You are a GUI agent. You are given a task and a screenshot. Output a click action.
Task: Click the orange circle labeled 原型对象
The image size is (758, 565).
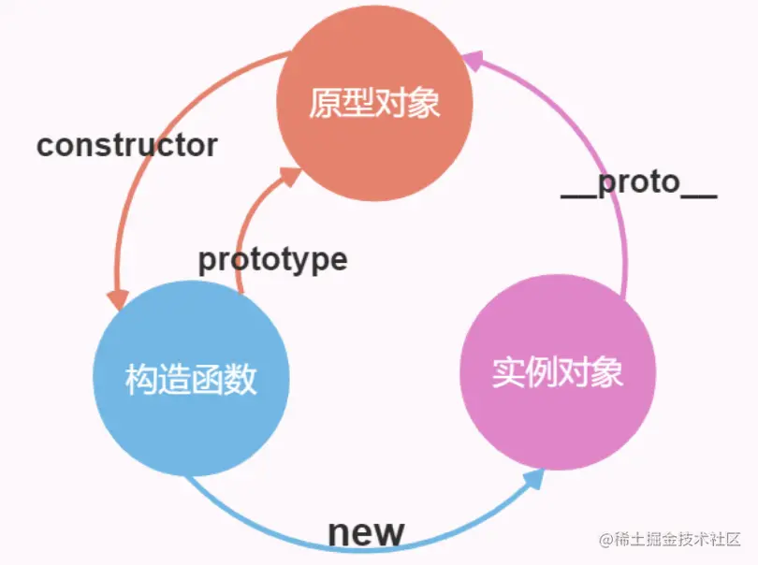coord(373,102)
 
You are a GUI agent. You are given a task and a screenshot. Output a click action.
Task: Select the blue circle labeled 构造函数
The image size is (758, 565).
coord(191,380)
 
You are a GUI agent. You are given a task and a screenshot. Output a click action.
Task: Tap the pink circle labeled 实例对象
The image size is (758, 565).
coord(558,373)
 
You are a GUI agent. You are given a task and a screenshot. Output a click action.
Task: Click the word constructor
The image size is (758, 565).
coord(127,146)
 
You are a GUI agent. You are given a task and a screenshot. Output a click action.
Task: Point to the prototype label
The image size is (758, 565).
coord(272,260)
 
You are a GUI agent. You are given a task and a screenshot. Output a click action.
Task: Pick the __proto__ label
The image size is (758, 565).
coord(638,184)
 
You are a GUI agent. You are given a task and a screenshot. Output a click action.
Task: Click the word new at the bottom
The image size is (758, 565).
coord(366,532)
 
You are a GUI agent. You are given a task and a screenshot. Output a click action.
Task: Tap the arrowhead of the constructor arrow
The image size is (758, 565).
coord(117,300)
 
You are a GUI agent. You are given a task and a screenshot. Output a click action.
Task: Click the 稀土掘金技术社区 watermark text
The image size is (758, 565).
coord(676,540)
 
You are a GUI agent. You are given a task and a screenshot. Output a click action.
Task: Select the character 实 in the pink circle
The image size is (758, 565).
coord(508,373)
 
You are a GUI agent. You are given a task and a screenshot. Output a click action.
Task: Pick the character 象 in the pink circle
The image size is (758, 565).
coord(607,373)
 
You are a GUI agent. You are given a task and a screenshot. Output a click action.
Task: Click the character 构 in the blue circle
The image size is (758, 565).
coord(141,380)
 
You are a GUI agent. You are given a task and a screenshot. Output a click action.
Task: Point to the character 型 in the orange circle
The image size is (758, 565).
coord(357,103)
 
